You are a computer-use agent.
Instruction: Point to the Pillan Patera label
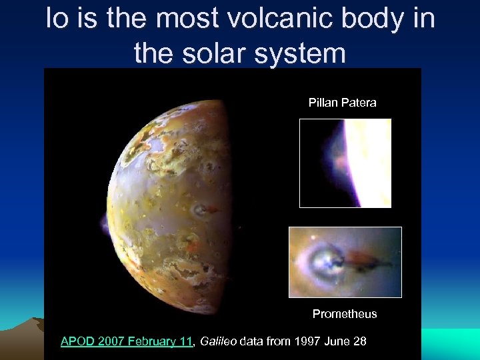[342, 103]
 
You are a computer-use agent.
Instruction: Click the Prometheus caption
[345, 314]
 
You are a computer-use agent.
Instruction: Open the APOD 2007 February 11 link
[126, 341]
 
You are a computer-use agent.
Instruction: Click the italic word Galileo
[217, 341]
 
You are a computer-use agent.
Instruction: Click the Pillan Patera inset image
[345, 163]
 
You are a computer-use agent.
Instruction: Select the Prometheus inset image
[345, 262]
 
